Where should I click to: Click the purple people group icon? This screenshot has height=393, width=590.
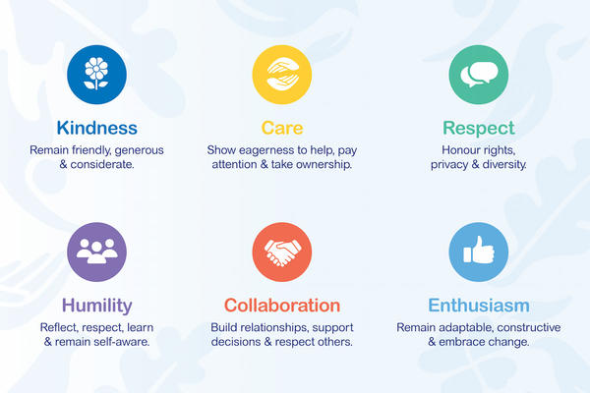click(x=96, y=253)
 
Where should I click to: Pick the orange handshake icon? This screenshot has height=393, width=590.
click(x=282, y=253)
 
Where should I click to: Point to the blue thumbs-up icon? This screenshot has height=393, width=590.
click(x=478, y=253)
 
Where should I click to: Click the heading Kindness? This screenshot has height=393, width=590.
click(x=96, y=128)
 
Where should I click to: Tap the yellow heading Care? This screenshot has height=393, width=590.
click(x=282, y=128)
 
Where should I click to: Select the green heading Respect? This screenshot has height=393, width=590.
click(x=479, y=128)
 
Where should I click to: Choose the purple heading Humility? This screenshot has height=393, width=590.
click(x=96, y=306)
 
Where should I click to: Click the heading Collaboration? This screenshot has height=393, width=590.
click(x=282, y=306)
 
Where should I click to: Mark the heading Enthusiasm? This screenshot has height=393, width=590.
click(x=478, y=306)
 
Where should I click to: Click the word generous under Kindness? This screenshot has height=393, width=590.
click(x=137, y=150)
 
